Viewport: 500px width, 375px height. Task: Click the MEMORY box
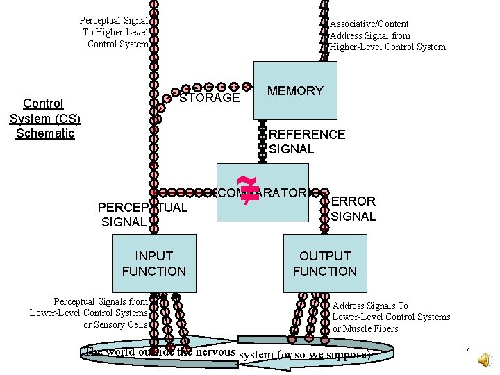295,91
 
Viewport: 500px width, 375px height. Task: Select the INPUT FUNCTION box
154,263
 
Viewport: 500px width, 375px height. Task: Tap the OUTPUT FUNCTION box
324,263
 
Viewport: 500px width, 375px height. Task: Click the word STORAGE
210,98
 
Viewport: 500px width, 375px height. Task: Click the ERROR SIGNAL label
353,208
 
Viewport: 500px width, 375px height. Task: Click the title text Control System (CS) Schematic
44,118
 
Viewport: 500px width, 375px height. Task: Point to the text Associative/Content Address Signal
387,35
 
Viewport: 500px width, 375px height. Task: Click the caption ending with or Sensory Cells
88,312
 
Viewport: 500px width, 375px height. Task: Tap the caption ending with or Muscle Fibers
391,317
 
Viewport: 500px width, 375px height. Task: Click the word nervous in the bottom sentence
215,351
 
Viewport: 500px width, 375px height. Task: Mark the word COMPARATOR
264,192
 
